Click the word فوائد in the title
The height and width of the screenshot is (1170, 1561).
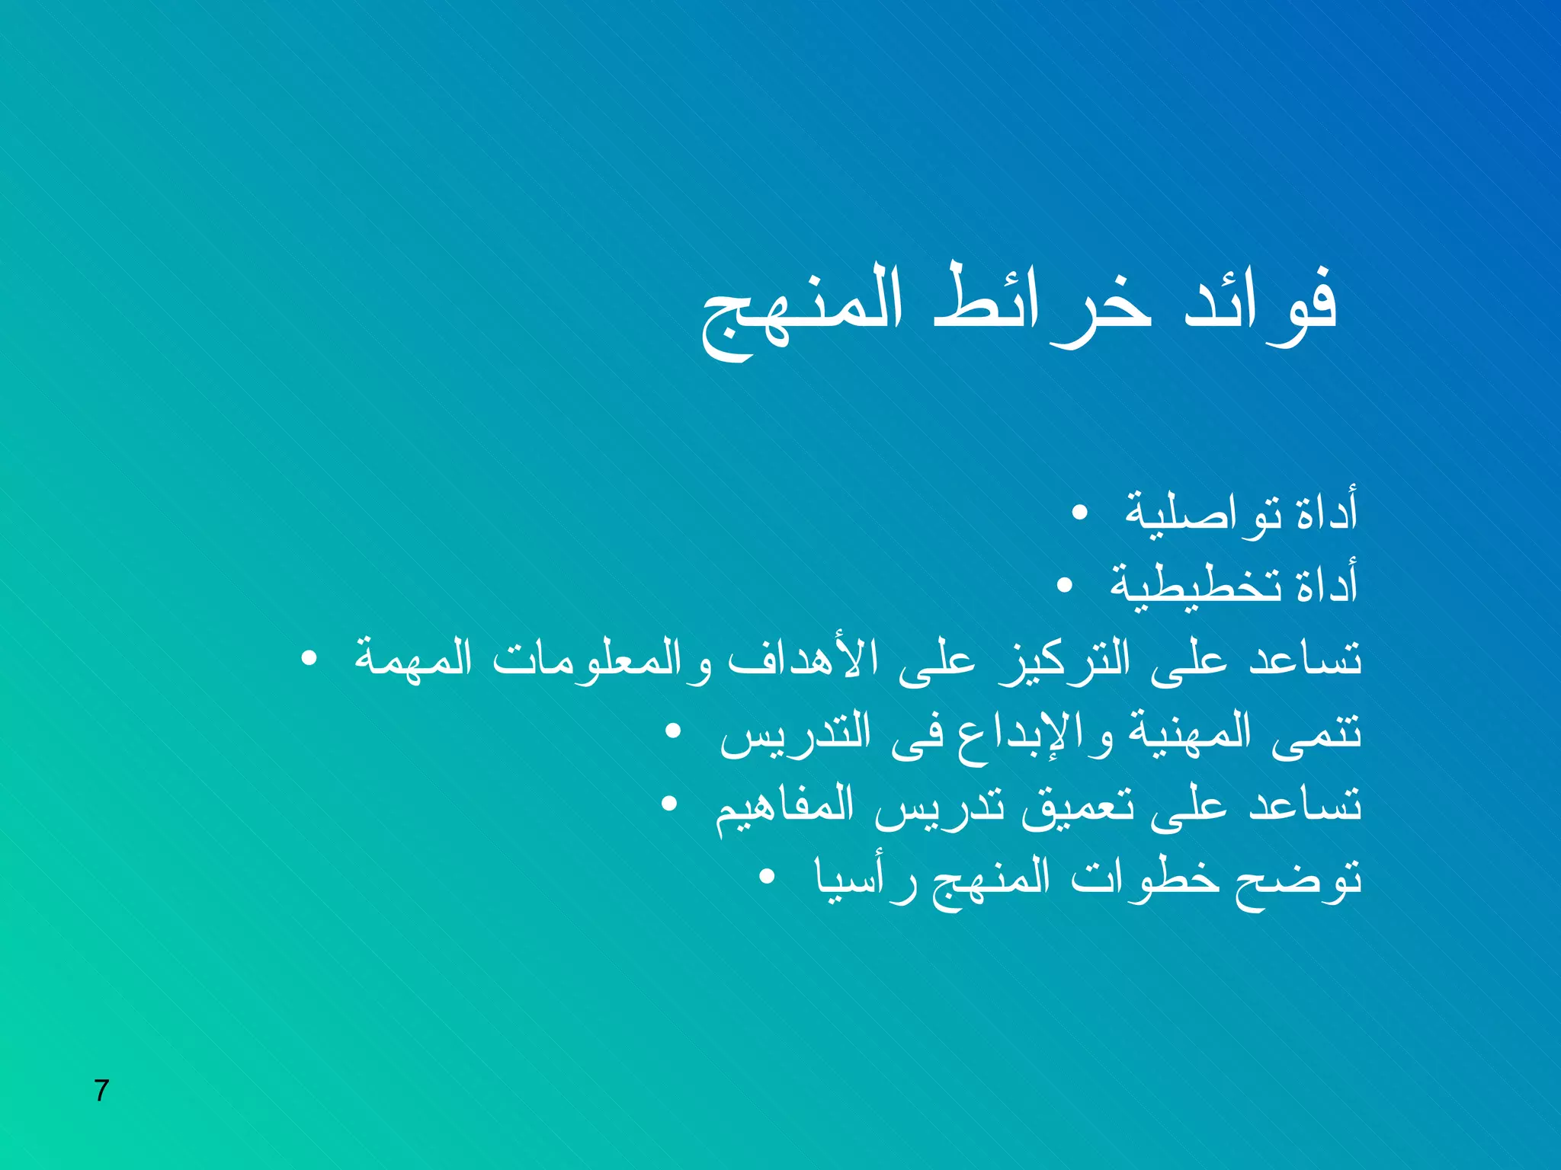1259,305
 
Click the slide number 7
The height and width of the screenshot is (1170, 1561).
101,1091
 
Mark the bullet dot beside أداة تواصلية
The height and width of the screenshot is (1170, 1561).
1079,513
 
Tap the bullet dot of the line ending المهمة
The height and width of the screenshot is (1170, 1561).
309,659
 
